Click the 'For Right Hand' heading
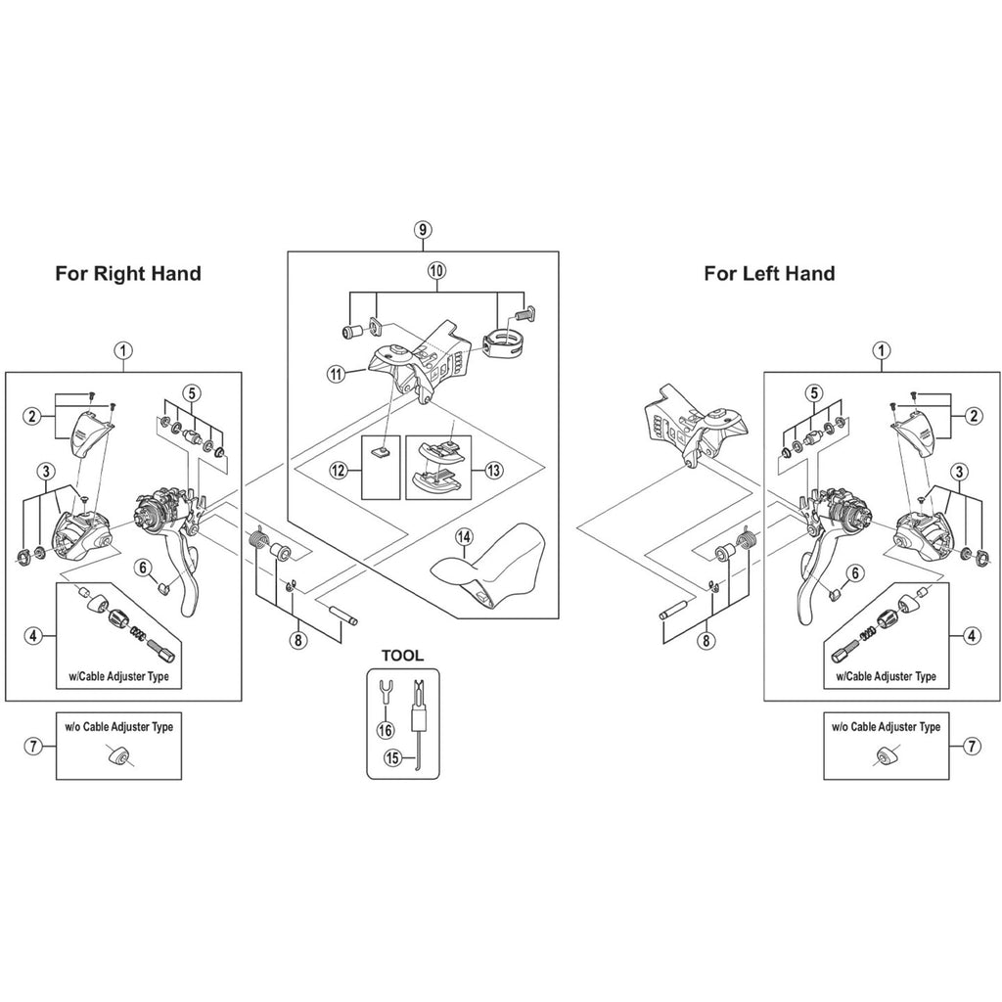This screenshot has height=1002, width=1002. coord(128,273)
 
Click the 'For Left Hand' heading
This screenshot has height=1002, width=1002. coord(769,273)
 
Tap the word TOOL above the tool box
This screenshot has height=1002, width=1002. coord(403,656)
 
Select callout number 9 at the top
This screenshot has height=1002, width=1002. coord(423,230)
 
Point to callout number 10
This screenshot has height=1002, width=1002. coord(435,269)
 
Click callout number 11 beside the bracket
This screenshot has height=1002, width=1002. coord(338,373)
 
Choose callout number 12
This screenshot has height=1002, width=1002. coord(339,471)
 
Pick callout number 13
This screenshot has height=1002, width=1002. coord(492,470)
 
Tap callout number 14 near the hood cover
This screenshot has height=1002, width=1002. coord(463,536)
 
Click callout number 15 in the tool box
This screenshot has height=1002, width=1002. coord(392,756)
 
